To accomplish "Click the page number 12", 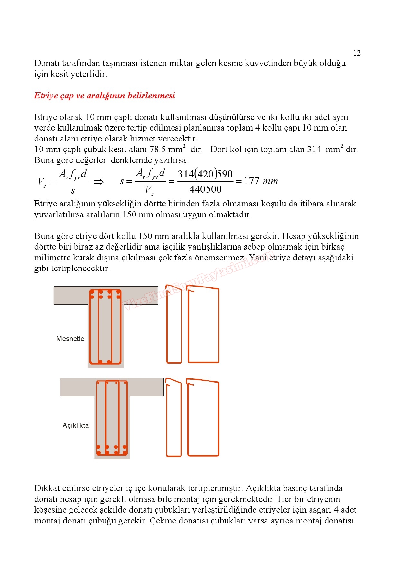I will click(357, 53).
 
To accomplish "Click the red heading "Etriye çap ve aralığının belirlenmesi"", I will click(105, 96).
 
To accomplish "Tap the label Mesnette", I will click(70, 339).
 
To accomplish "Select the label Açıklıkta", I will click(76, 425).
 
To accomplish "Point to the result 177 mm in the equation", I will click(260, 181).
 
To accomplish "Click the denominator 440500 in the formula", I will click(205, 189).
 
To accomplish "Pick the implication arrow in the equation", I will click(98, 182).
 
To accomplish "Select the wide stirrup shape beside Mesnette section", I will click(203, 325).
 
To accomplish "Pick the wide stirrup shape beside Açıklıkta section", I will click(203, 418).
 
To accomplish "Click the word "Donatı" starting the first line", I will click(47, 63).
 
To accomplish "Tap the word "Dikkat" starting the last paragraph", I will click(47, 488).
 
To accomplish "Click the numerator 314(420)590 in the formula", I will click(205, 174).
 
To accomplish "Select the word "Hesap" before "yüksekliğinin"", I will click(293, 236).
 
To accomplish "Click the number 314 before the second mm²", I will click(314, 149).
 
